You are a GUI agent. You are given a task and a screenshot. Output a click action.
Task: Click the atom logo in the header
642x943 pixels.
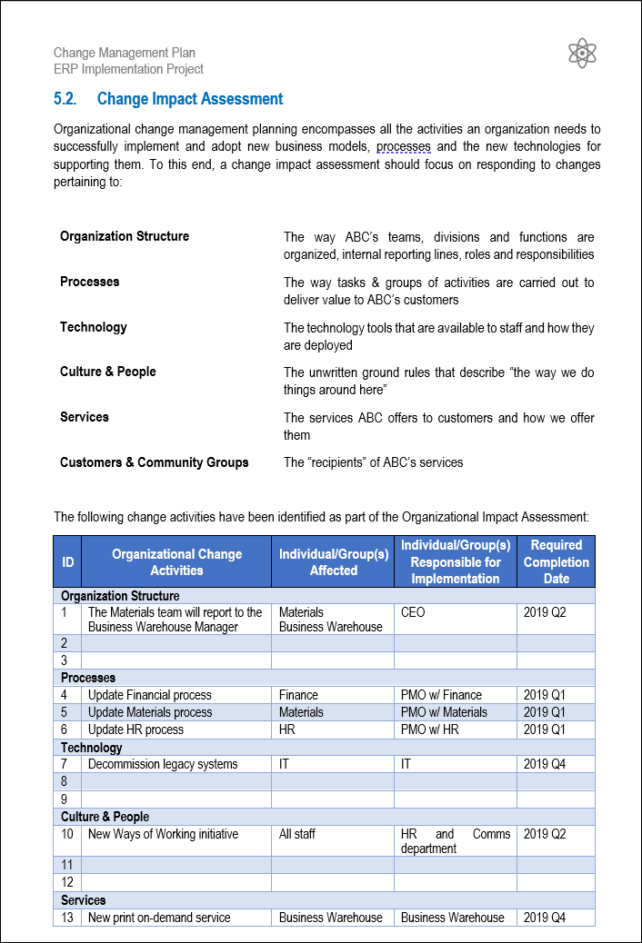tap(581, 54)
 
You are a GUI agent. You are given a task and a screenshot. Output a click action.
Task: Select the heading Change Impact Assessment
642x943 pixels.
tap(190, 99)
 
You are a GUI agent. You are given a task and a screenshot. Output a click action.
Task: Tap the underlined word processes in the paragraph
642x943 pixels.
tap(403, 146)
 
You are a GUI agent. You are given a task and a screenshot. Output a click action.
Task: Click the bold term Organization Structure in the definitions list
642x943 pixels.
tap(125, 236)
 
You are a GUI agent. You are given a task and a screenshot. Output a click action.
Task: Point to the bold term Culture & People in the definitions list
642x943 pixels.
tap(108, 372)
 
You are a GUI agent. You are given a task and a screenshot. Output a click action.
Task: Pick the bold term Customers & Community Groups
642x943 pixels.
tap(155, 462)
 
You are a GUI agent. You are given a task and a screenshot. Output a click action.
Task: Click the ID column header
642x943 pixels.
tap(67, 561)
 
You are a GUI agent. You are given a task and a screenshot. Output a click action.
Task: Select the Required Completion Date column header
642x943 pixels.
tap(556, 561)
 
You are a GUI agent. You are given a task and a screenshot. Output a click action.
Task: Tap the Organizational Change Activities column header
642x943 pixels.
tap(176, 561)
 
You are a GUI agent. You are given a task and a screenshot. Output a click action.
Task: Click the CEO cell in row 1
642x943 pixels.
tap(413, 612)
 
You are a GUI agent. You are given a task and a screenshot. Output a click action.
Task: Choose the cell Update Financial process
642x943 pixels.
tap(150, 695)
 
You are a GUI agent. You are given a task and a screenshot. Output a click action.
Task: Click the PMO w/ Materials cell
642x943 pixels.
tap(444, 712)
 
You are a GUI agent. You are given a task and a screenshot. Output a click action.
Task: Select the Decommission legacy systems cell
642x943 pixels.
tap(163, 764)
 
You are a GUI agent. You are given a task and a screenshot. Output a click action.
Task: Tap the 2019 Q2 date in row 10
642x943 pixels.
tap(545, 834)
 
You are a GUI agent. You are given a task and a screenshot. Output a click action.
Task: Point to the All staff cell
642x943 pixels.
tap(297, 834)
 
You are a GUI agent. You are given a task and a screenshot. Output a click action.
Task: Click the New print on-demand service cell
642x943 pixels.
tap(159, 918)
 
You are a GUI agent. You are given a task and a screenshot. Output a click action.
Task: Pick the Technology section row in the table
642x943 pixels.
tap(92, 748)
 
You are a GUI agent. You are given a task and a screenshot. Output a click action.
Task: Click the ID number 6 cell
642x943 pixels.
tap(65, 730)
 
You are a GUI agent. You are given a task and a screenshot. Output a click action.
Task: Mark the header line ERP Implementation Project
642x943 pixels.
tap(128, 69)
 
